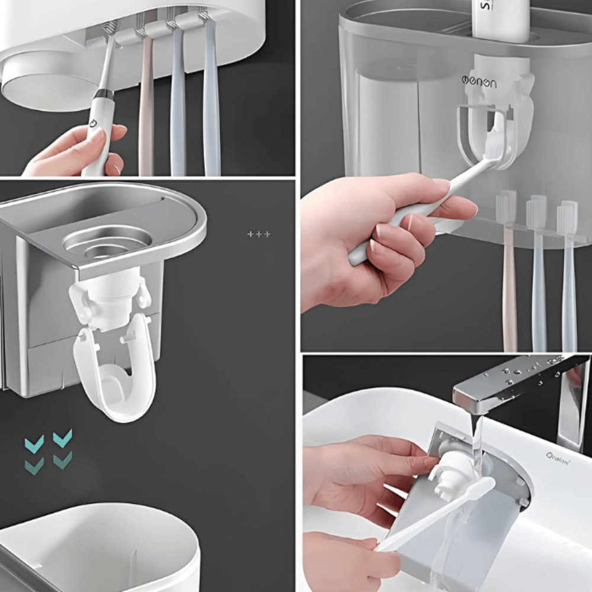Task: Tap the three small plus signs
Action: (x=259, y=234)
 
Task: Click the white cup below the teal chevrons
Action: (x=101, y=545)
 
